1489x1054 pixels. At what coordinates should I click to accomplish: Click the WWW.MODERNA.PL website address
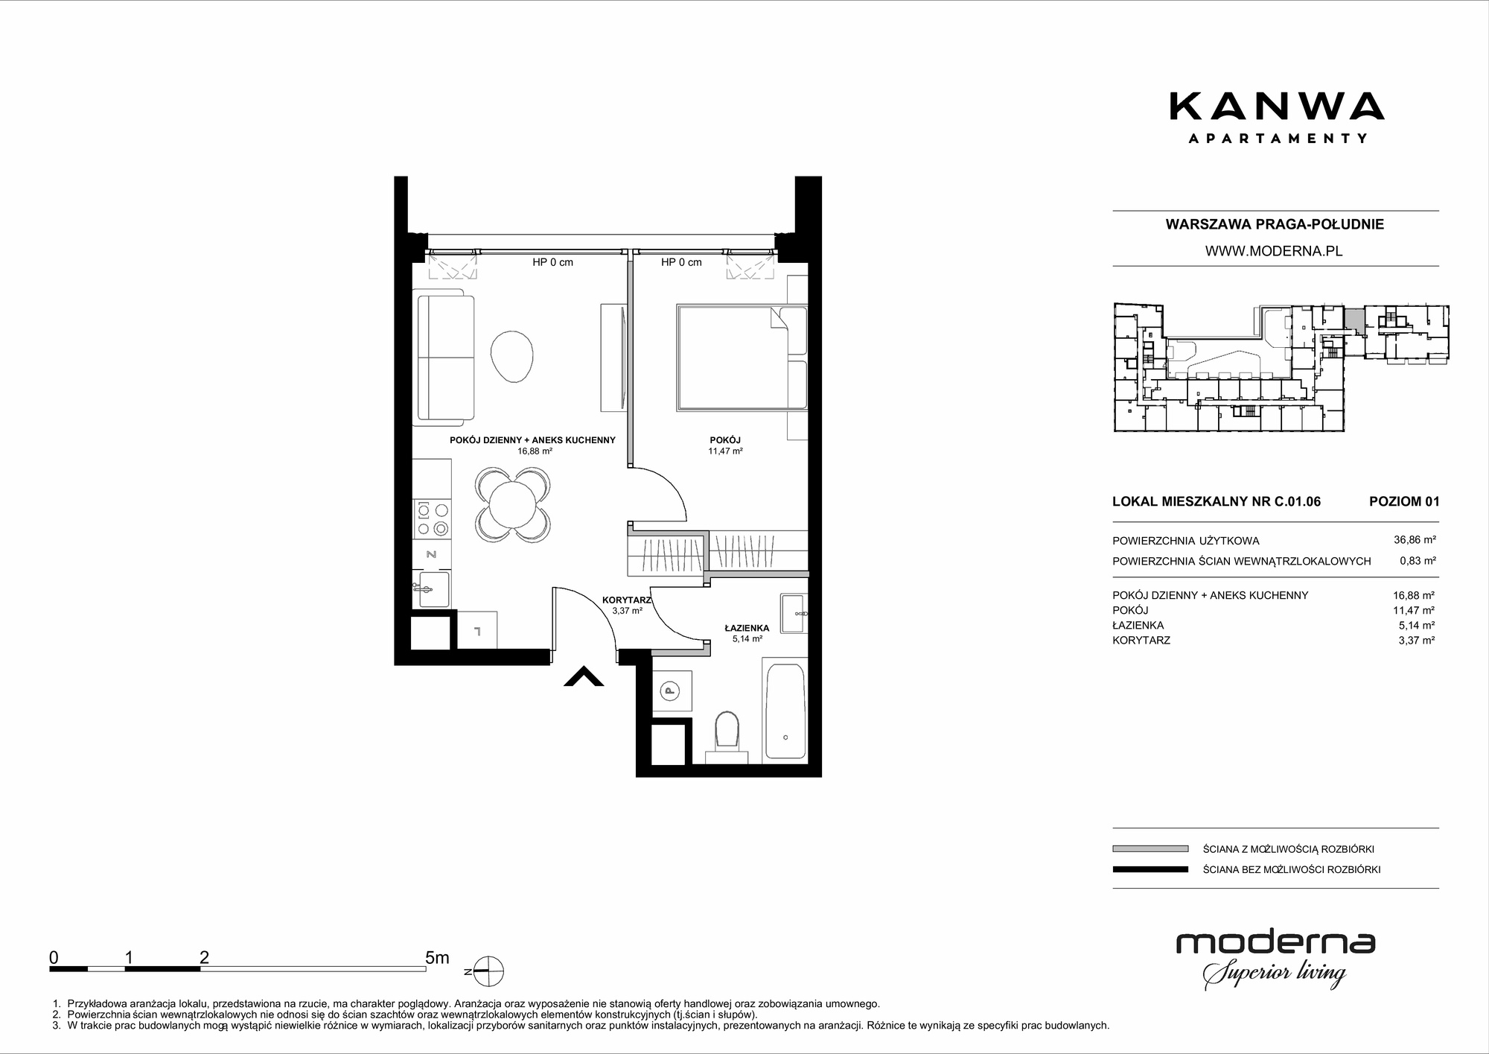coord(1274,251)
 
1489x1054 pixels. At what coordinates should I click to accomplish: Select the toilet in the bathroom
coord(726,736)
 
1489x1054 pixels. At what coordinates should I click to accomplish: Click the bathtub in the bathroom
coord(784,711)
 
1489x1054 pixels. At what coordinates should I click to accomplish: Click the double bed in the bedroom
coord(742,357)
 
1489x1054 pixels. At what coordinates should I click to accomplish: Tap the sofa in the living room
coord(445,356)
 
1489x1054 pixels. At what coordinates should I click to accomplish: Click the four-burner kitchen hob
coord(433,519)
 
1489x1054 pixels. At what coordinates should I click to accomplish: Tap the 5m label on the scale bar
coord(437,957)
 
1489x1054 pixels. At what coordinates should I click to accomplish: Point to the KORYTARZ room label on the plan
coord(626,600)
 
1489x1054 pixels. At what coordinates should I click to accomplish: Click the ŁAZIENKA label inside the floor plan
coord(747,628)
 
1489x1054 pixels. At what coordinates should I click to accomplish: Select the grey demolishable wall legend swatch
coord(1150,848)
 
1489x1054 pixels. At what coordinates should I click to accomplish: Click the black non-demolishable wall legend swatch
coord(1150,869)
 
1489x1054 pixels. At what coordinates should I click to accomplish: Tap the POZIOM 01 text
coord(1404,501)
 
